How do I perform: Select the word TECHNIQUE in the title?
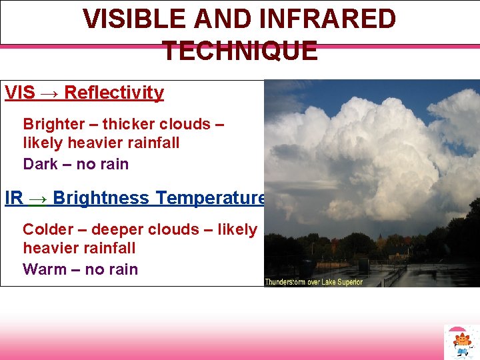pyautogui.click(x=240, y=51)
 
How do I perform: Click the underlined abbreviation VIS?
pyautogui.click(x=20, y=93)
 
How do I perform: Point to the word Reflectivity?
pyautogui.click(x=114, y=93)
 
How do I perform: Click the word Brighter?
pyautogui.click(x=54, y=124)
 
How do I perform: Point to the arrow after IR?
pyautogui.click(x=37, y=199)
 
